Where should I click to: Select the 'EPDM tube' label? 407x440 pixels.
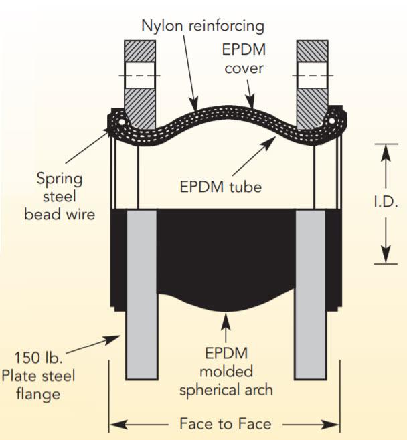tap(220, 185)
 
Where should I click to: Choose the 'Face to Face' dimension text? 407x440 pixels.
tap(225, 423)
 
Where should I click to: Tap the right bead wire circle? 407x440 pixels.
tap(330, 121)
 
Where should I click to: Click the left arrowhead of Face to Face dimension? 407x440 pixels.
tap(115, 423)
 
